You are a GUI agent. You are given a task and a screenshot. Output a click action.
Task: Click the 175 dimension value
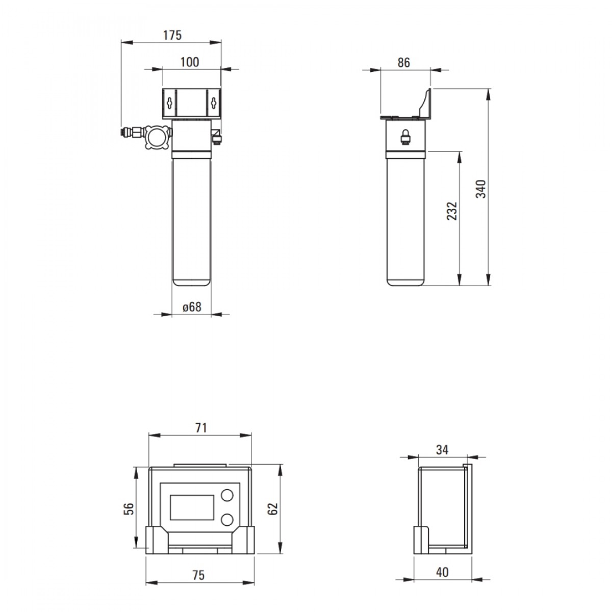coord(172,35)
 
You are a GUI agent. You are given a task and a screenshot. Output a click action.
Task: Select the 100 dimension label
coord(190,62)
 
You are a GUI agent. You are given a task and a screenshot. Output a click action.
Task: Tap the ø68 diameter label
coord(192,307)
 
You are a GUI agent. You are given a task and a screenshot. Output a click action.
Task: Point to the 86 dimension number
coord(403,63)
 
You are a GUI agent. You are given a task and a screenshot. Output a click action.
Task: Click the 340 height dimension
coord(480,189)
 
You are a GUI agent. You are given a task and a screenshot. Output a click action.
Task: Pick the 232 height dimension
coord(452,211)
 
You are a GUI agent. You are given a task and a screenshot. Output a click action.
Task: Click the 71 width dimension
coord(201,428)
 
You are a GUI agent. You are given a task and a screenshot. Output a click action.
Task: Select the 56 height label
coord(129,509)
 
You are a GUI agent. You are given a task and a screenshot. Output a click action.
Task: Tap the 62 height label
coord(273,509)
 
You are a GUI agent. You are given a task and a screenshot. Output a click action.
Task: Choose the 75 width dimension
coord(198,575)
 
